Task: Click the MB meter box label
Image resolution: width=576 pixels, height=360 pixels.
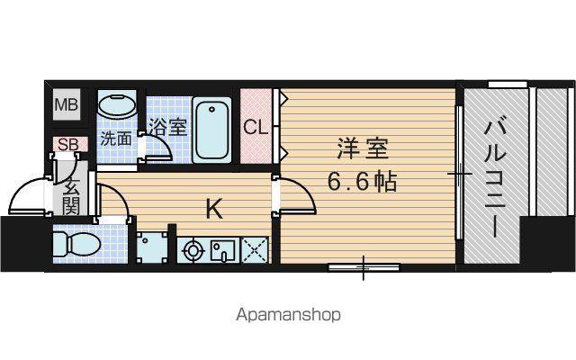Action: pos(67,105)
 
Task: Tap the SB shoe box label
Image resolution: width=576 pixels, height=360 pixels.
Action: pos(68,144)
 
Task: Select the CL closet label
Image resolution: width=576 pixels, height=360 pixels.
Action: pos(256,128)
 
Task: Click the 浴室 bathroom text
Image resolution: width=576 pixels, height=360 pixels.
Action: pos(168,127)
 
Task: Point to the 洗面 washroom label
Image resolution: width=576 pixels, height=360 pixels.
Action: pos(116,139)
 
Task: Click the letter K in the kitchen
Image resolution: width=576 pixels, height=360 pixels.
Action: pos(214,210)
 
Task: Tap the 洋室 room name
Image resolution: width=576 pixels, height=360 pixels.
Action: pos(363,148)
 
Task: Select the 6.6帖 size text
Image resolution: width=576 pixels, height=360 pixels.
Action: pos(362,182)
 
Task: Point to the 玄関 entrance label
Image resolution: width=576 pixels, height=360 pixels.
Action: pos(71,198)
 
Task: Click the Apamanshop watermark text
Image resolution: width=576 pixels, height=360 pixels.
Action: pos(288,315)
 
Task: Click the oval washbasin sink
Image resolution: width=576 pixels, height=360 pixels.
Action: pos(118,104)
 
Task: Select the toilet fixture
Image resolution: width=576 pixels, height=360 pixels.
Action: pos(77,244)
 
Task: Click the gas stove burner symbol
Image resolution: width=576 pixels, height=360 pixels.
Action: pos(193,251)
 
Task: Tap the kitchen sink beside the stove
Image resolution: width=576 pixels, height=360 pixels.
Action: pos(223,250)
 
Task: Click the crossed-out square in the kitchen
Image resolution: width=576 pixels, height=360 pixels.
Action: pos(255,250)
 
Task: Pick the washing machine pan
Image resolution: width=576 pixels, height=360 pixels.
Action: pos(152,247)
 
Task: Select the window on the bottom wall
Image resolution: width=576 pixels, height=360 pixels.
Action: pos(364,267)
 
